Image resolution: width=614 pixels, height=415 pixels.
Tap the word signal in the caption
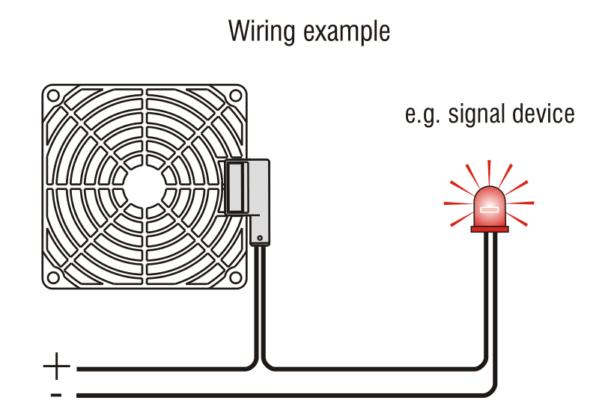(x=475, y=114)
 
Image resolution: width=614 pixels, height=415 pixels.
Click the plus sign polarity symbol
(x=57, y=367)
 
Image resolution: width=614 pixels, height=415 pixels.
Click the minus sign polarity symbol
(x=56, y=395)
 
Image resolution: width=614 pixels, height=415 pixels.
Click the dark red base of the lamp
(x=489, y=229)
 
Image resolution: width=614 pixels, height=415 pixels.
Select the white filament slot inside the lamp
(x=489, y=210)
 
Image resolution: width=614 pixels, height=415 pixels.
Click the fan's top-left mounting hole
(x=54, y=96)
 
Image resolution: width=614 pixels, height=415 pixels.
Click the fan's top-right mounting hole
(x=235, y=96)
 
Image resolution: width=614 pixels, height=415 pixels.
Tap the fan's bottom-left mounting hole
(x=54, y=277)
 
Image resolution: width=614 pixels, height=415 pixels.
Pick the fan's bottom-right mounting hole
(x=235, y=277)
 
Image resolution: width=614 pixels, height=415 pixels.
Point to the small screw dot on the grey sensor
(x=259, y=239)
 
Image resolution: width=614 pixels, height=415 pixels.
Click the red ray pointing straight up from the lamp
(x=489, y=170)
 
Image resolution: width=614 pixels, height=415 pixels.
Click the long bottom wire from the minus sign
(x=285, y=395)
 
